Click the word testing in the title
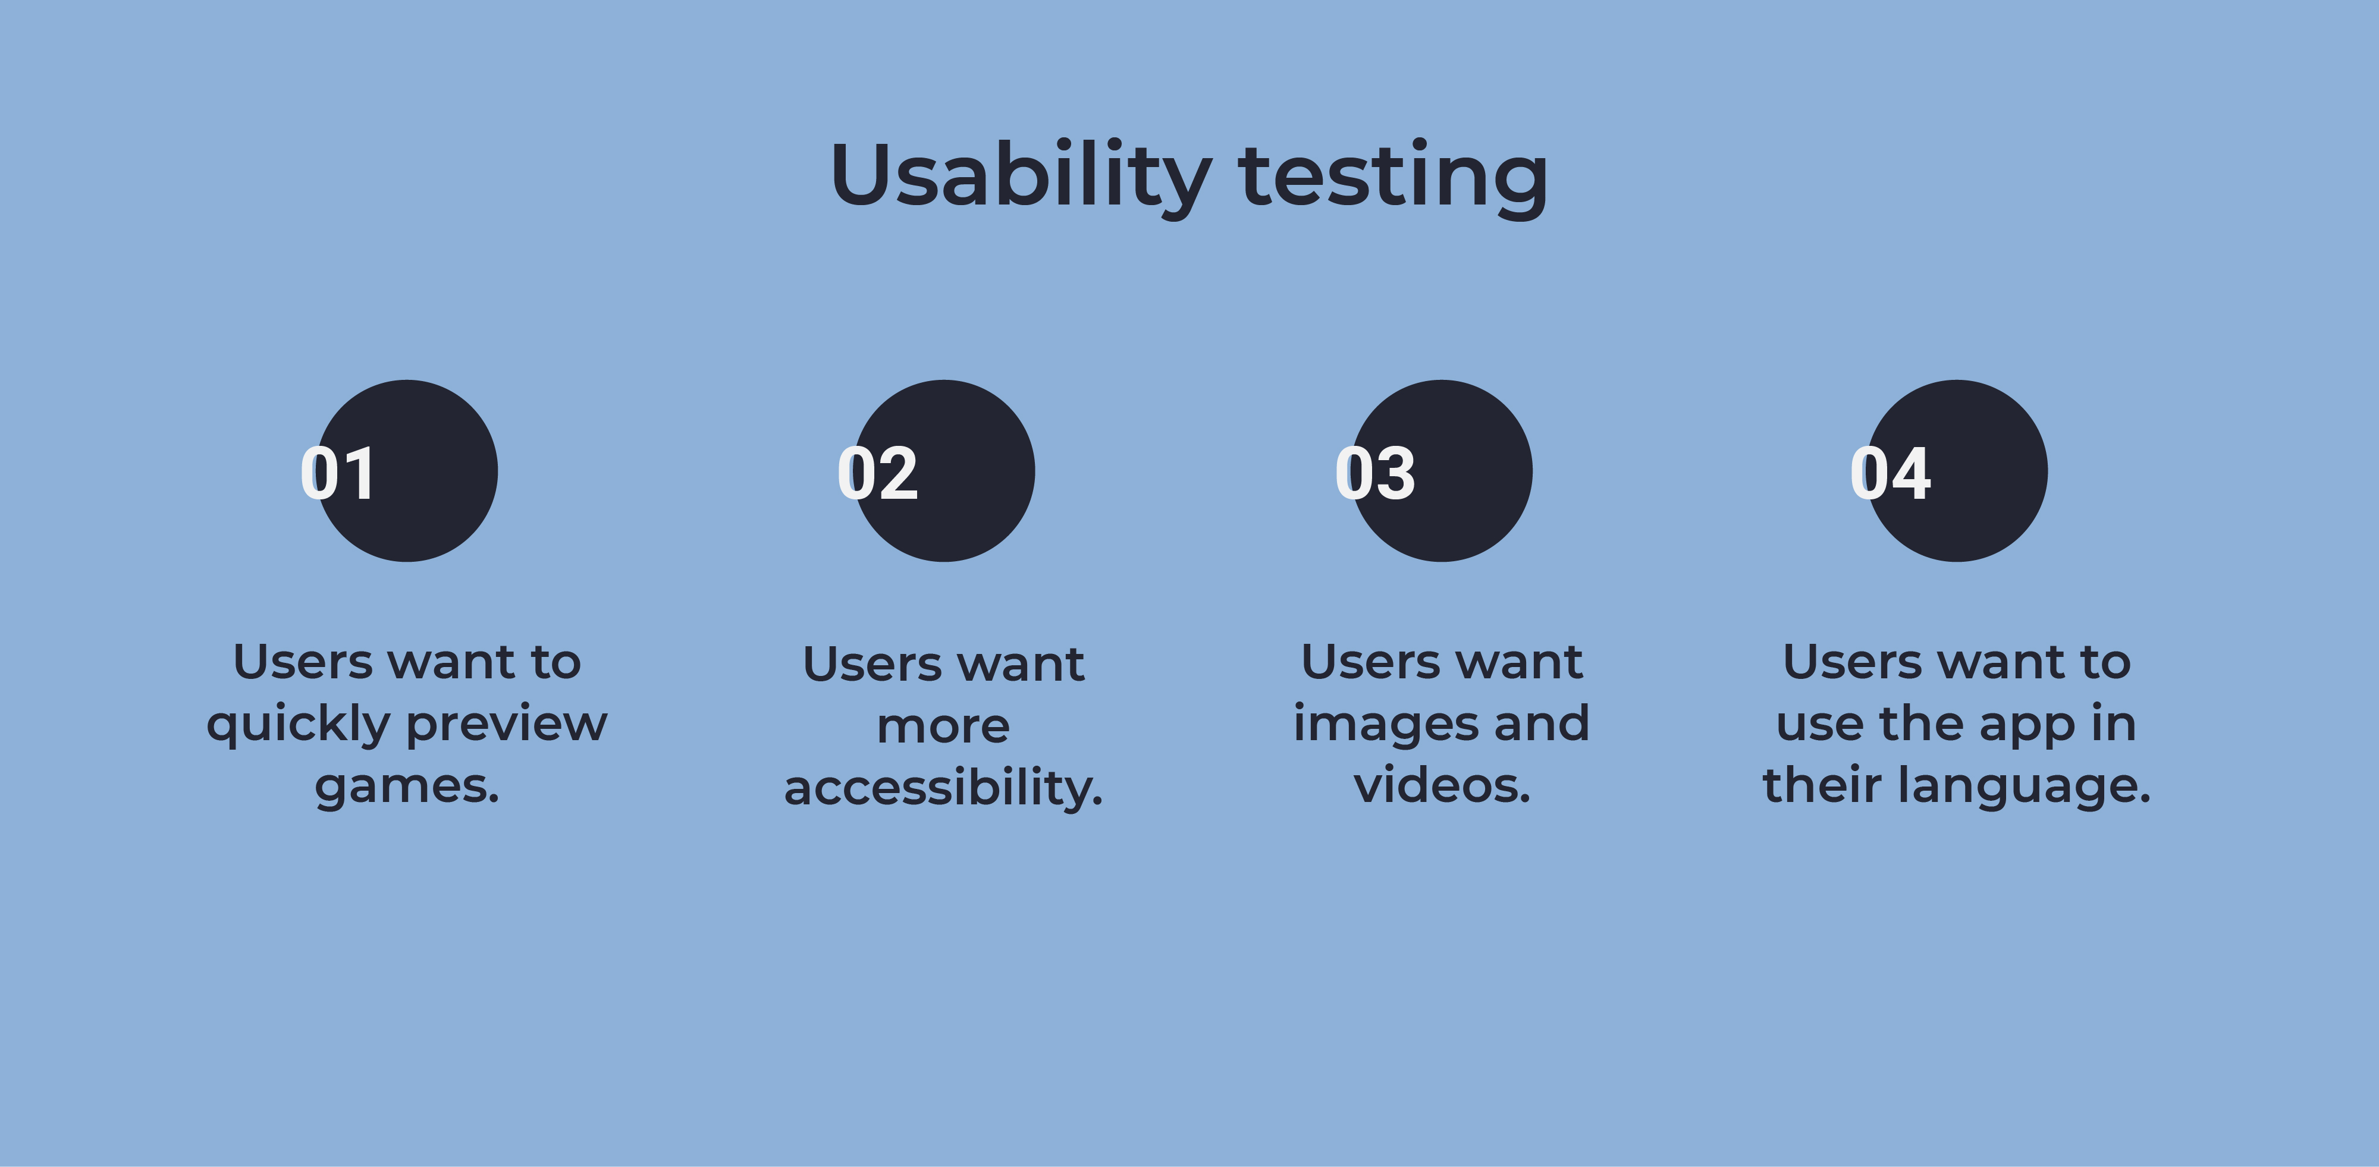1393,177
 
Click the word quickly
299,726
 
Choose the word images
1383,724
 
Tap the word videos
1442,785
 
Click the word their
1821,785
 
